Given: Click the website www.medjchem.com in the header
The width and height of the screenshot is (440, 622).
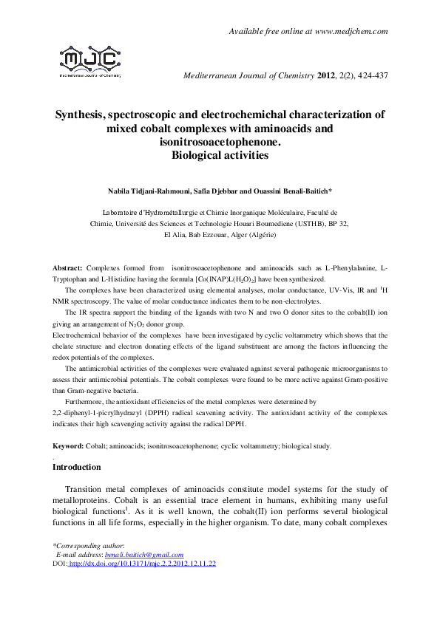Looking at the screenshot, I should [x=351, y=31].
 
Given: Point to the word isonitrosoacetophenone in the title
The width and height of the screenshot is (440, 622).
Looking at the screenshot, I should [x=220, y=141].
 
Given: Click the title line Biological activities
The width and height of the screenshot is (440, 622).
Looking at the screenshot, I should [x=220, y=155].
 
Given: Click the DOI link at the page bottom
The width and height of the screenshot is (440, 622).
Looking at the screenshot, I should [x=141, y=564].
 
